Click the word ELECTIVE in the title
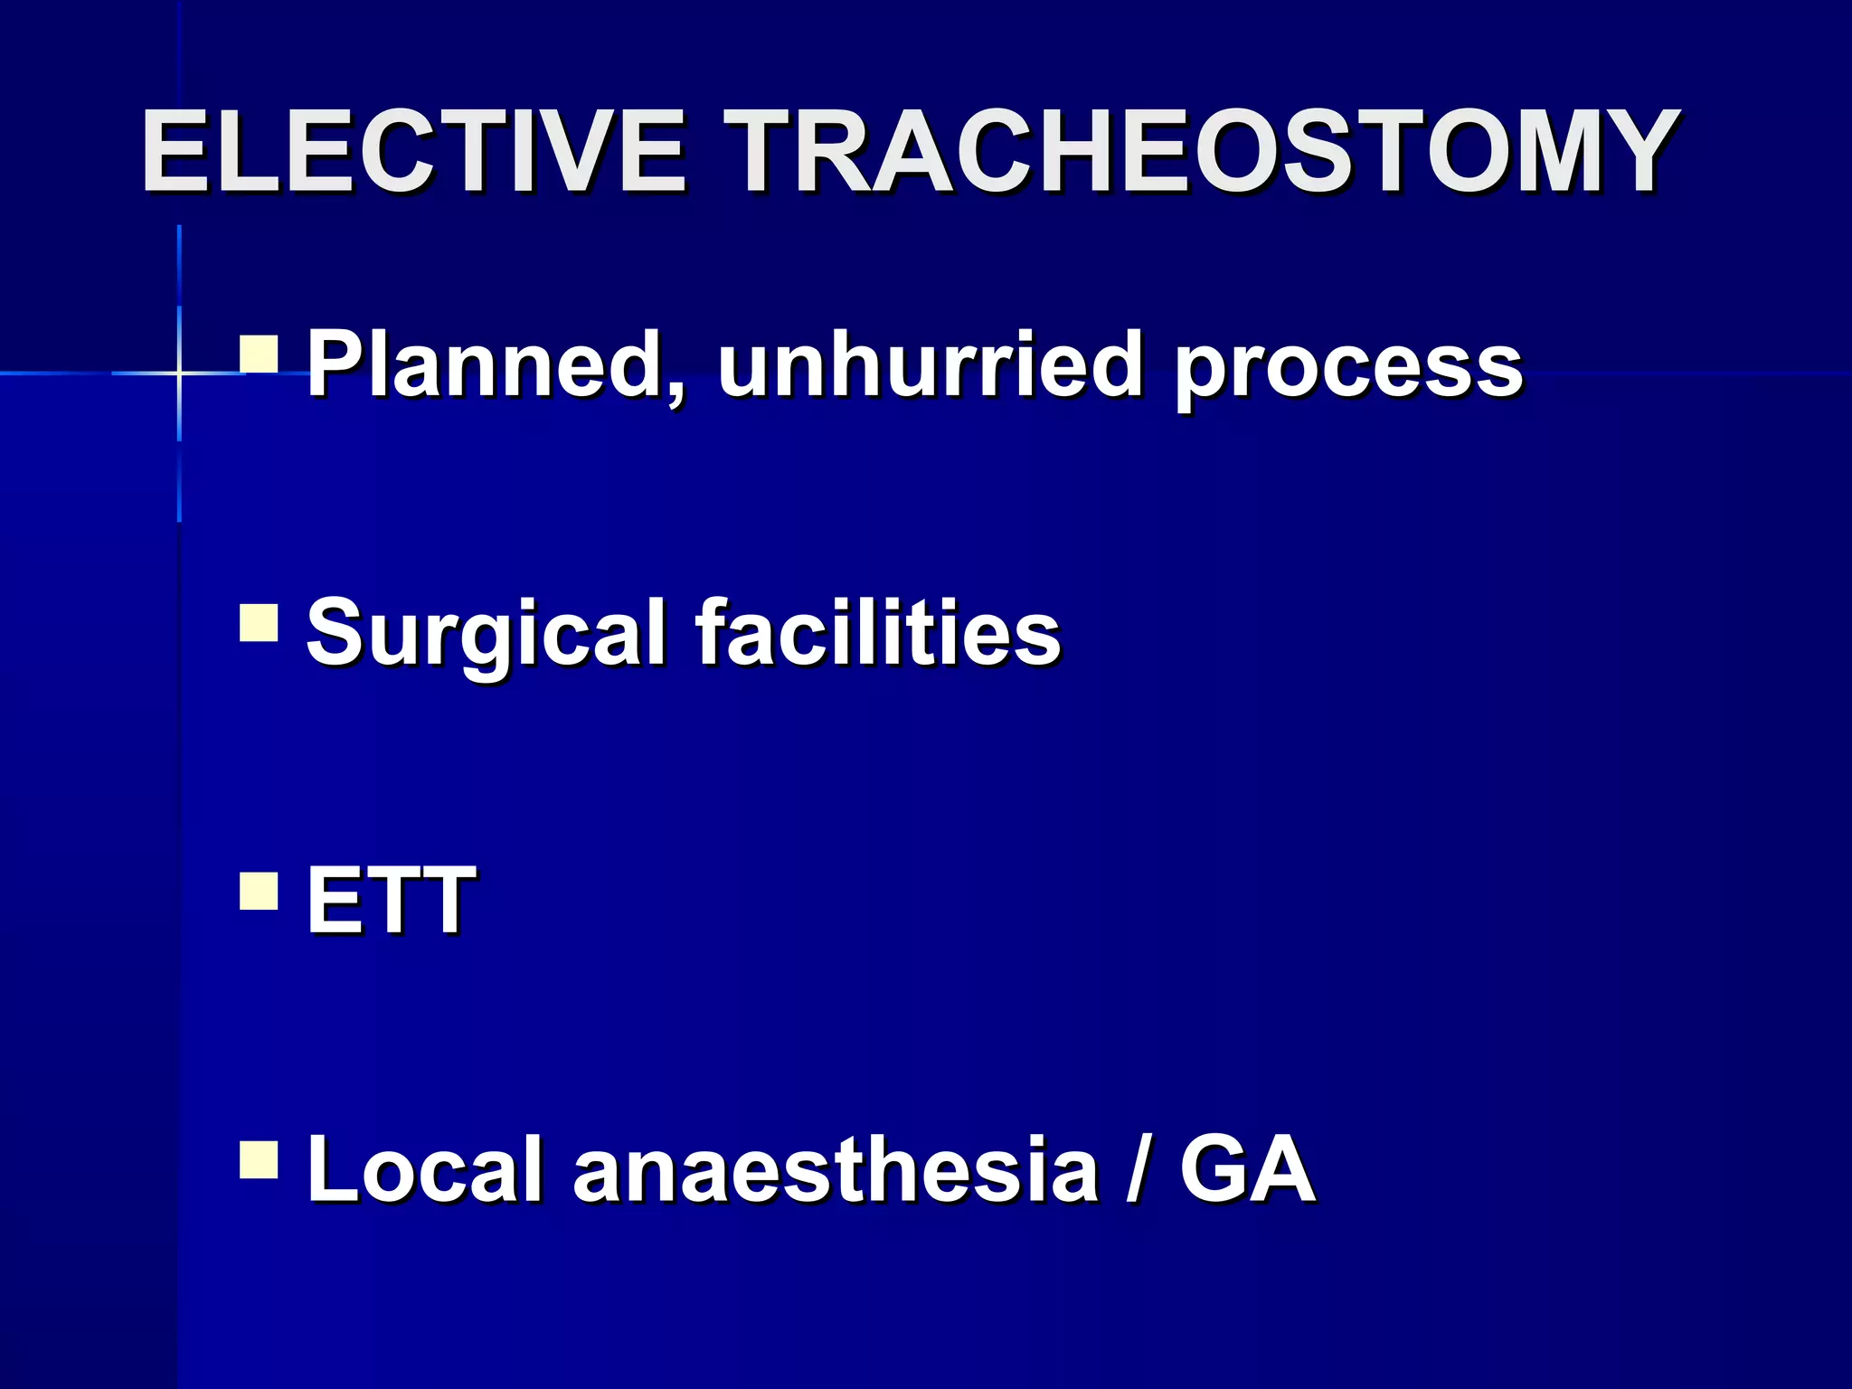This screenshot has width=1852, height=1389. coord(413,151)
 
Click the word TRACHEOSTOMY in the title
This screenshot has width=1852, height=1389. coord(1206,151)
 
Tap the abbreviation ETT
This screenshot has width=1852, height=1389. coord(390,899)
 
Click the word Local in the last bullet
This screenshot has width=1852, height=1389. coord(424,1168)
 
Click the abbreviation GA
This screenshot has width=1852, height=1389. coord(1247,1168)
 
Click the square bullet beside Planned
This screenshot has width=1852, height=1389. coord(259,354)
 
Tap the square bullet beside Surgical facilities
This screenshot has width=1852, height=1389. coord(259,623)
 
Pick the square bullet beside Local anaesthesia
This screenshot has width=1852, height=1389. coord(259,1160)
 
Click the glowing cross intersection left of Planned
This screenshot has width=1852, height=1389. coord(179,373)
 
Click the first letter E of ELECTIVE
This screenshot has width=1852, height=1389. coord(172,151)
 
